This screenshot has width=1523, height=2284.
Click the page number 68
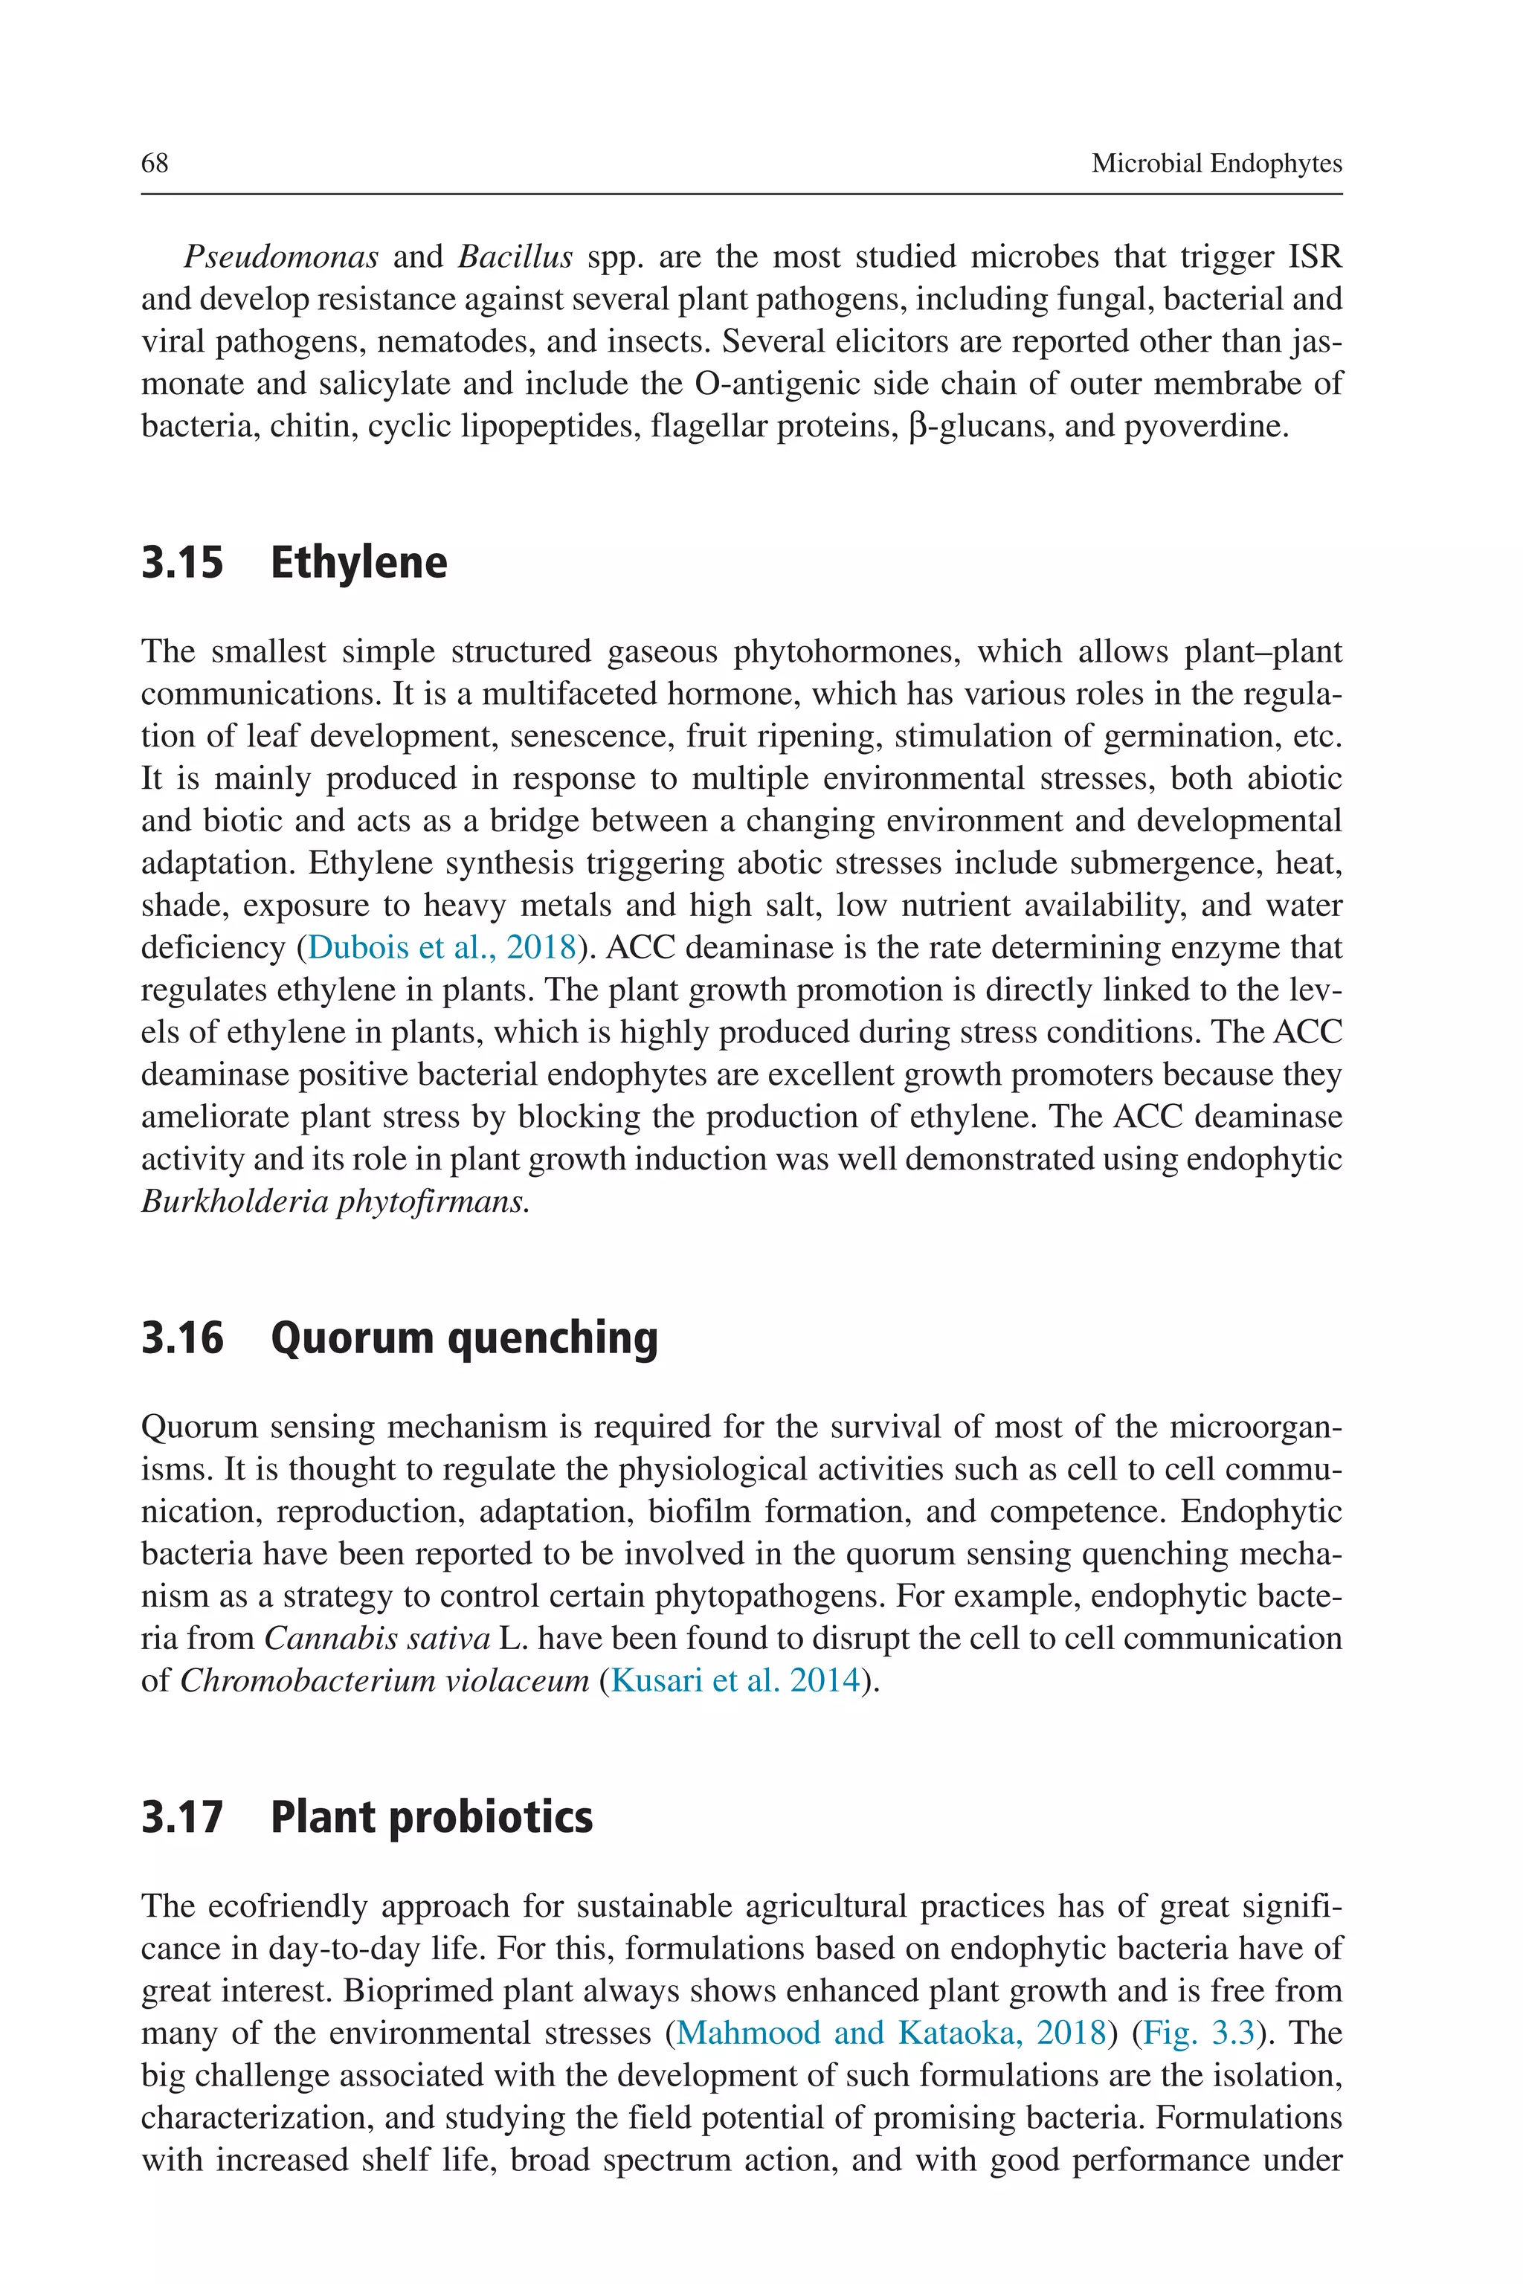tap(155, 163)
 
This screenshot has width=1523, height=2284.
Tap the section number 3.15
tap(183, 564)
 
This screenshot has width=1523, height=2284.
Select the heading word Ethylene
tap(358, 564)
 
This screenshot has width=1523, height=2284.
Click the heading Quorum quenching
tap(463, 1338)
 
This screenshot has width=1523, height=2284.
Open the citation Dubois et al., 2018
tap(442, 946)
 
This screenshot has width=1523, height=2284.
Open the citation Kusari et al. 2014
tap(735, 1680)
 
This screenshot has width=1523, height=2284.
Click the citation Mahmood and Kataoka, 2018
tap(891, 2033)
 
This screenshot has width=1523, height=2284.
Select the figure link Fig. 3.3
tap(1199, 2033)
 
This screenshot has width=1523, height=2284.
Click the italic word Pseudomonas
tap(280, 257)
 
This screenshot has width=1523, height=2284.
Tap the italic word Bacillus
tap(515, 257)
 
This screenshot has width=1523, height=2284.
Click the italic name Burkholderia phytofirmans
tap(335, 1201)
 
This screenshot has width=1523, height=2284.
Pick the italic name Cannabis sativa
tap(377, 1638)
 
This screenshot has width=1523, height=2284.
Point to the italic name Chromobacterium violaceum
tap(384, 1680)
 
